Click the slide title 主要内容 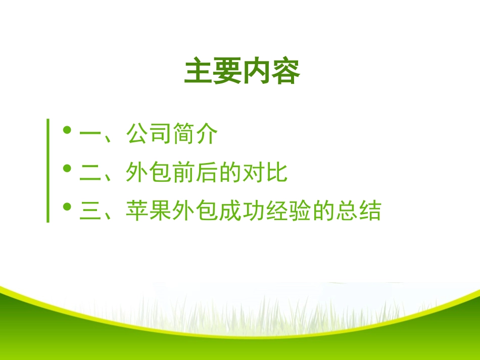pyautogui.click(x=242, y=72)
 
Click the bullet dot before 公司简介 pyautogui.click(x=67, y=131)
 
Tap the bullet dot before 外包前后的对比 pyautogui.click(x=67, y=169)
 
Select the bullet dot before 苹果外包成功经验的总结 pyautogui.click(x=67, y=207)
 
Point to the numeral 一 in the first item pyautogui.click(x=91, y=135)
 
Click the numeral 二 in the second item pyautogui.click(x=91, y=173)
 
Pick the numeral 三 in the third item pyautogui.click(x=91, y=211)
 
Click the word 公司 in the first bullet pyautogui.click(x=149, y=135)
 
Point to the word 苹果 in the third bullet pyautogui.click(x=149, y=211)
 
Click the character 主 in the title pyautogui.click(x=199, y=72)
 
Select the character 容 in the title pyautogui.click(x=286, y=72)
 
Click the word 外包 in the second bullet pyautogui.click(x=149, y=173)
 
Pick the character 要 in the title pyautogui.click(x=227, y=72)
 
